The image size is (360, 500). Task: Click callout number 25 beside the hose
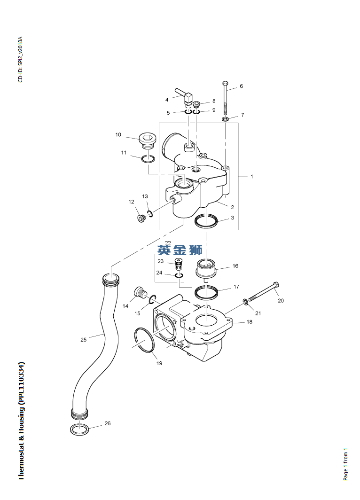point(83,339)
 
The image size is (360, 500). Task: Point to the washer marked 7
point(226,120)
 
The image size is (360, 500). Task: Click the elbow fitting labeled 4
point(185,97)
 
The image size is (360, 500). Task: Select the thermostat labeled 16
point(205,269)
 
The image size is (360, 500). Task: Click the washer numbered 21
point(246,301)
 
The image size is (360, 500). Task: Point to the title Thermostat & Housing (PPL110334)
point(22,421)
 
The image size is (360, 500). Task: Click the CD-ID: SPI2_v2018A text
point(20,59)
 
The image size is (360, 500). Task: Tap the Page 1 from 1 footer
point(346,464)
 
